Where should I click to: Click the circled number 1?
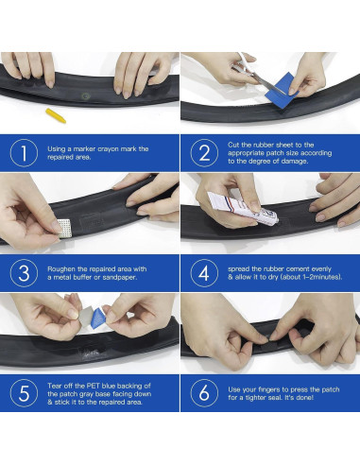24,153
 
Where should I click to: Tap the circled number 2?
204,153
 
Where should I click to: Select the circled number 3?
24,273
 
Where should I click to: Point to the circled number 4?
204,273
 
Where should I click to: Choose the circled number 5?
24,393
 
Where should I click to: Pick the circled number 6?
204,393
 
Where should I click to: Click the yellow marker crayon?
56,115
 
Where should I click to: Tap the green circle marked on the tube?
85,96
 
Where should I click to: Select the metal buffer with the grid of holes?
65,228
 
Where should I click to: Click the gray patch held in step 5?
85,318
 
